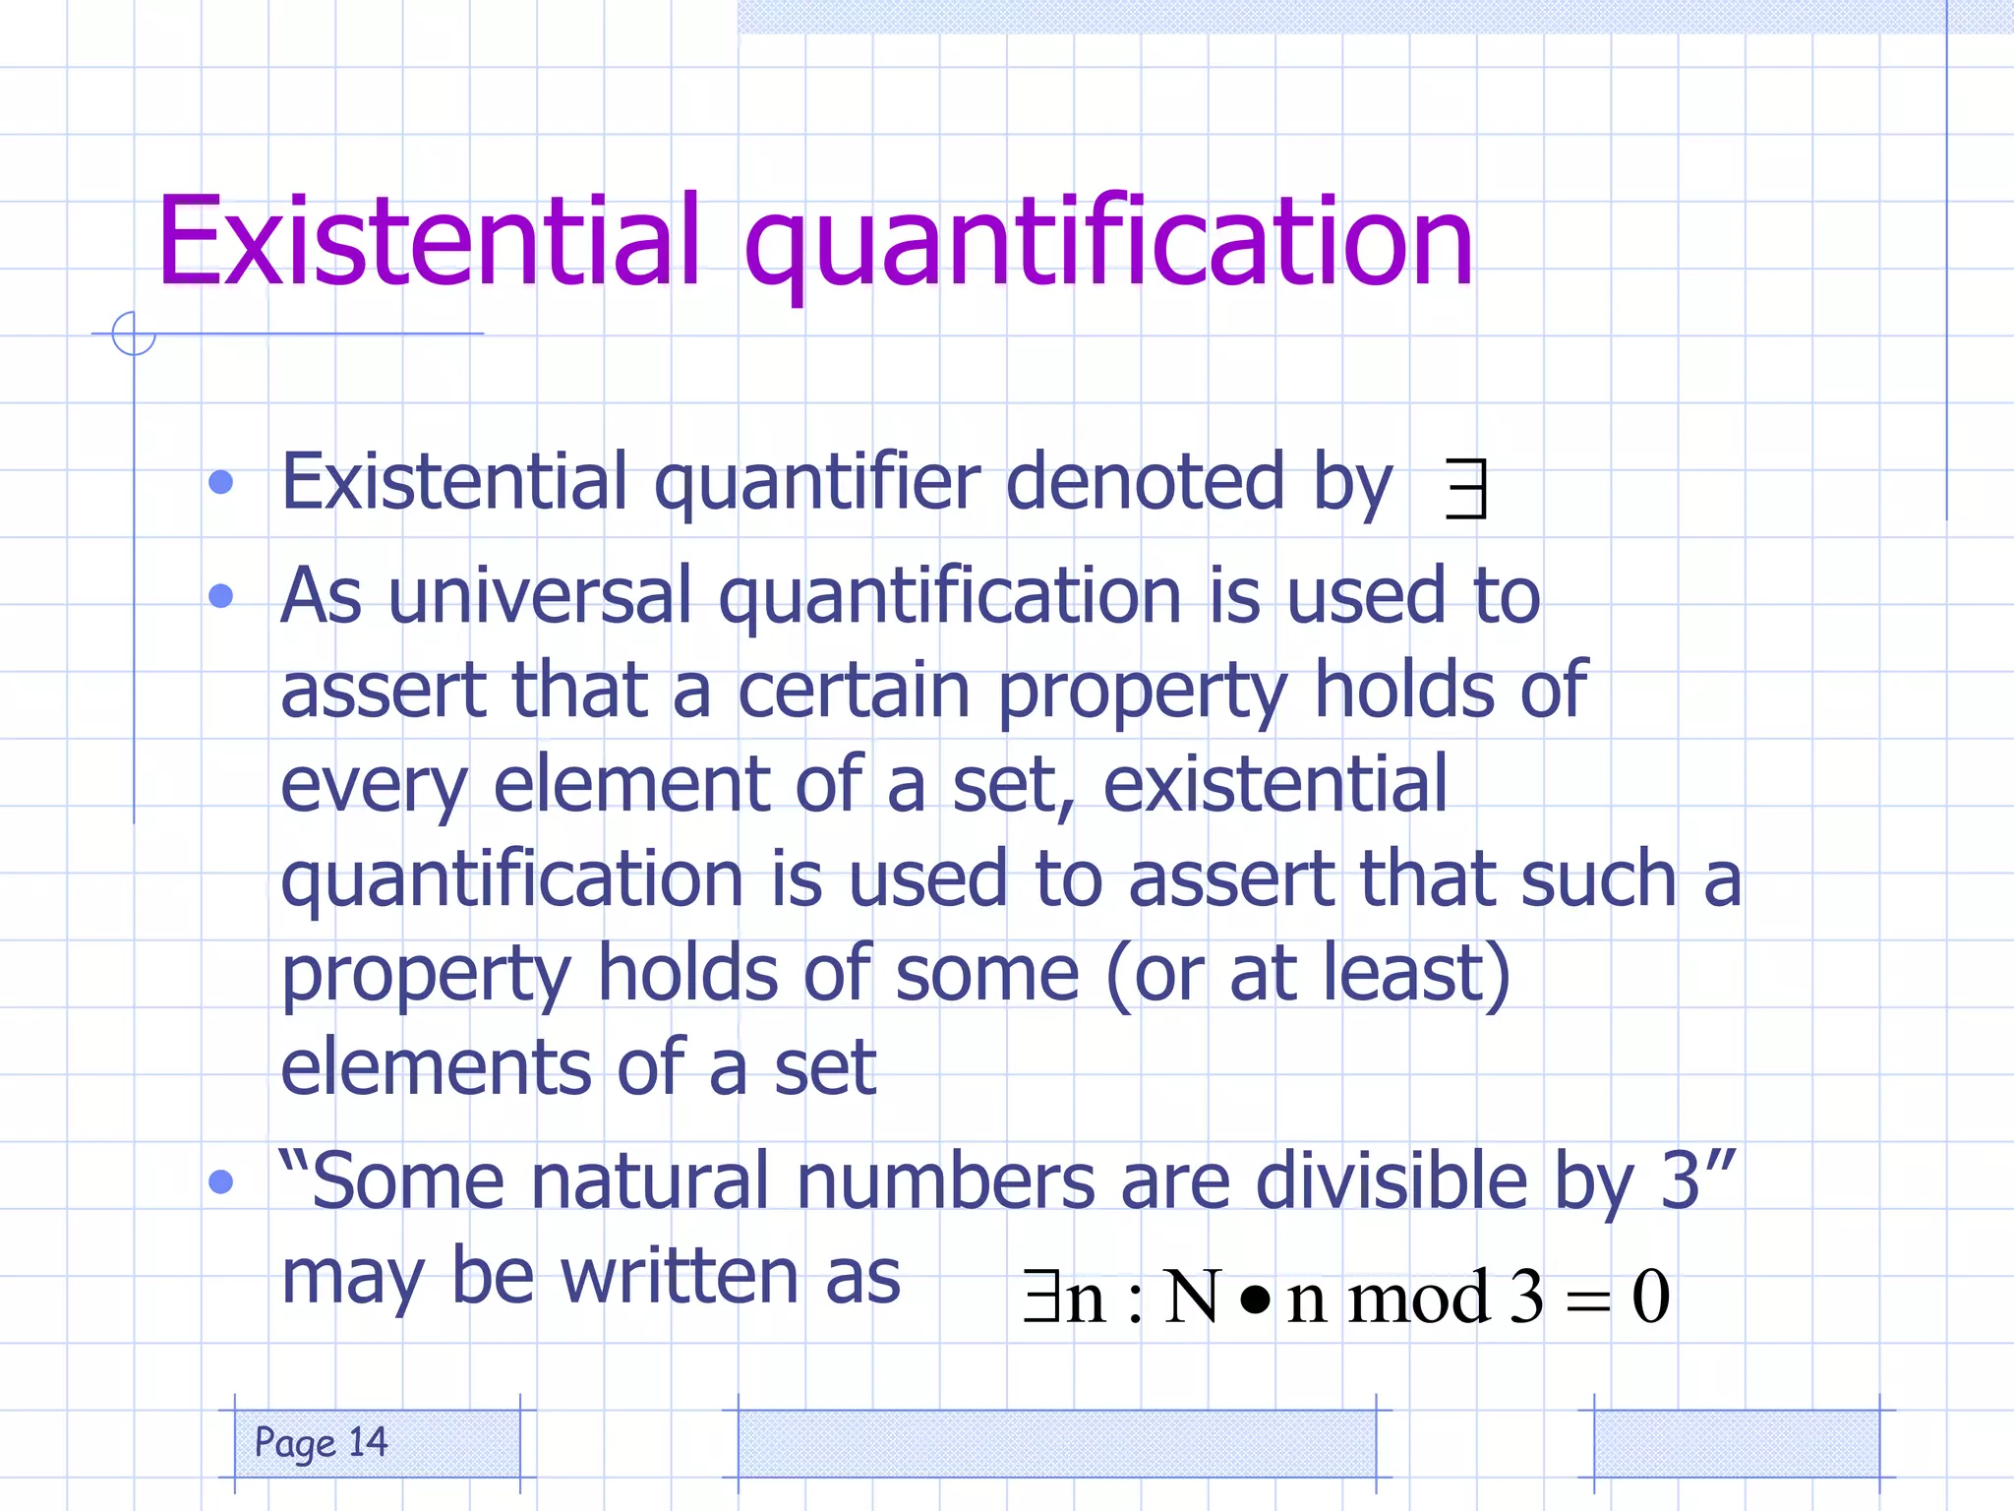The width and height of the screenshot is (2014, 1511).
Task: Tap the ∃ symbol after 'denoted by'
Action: coord(1466,489)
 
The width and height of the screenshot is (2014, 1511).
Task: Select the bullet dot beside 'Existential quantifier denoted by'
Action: coord(221,482)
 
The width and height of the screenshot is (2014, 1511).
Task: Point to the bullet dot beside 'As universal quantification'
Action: coord(221,596)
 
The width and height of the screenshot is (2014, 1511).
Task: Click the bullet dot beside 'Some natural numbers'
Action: coord(221,1181)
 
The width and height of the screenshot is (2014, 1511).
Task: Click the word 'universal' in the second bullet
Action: coord(540,596)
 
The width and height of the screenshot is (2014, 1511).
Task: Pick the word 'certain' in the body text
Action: coord(854,691)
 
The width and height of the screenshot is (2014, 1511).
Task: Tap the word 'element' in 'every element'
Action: coord(630,785)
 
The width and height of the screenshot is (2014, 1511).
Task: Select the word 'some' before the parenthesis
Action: coord(987,974)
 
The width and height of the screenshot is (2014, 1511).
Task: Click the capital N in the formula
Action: coord(1192,1297)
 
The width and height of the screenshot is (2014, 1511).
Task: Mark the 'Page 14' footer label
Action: coord(322,1443)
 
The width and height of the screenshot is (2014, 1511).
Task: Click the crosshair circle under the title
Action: coord(134,333)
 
